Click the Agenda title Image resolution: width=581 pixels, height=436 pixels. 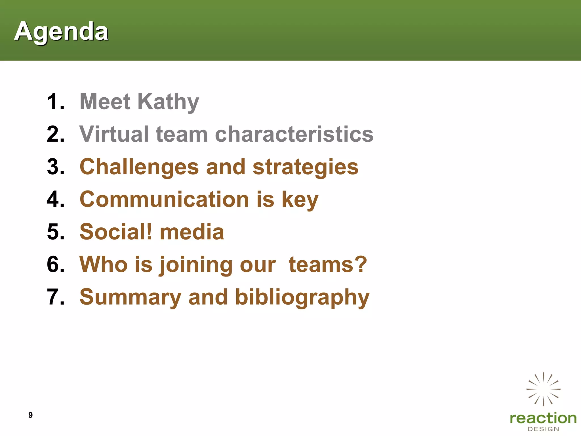61,31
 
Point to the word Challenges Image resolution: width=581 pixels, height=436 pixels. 139,167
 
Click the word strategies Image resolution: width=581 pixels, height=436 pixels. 306,167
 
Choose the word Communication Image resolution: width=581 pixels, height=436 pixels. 164,199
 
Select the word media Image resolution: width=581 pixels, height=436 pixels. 192,232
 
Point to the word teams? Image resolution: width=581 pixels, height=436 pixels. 328,265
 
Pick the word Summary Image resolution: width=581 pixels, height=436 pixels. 130,297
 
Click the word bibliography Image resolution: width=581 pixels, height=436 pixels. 302,297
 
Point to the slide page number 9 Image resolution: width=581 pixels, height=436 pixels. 31,415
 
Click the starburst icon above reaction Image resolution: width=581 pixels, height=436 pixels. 543,389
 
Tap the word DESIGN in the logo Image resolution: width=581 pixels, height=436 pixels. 543,429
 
